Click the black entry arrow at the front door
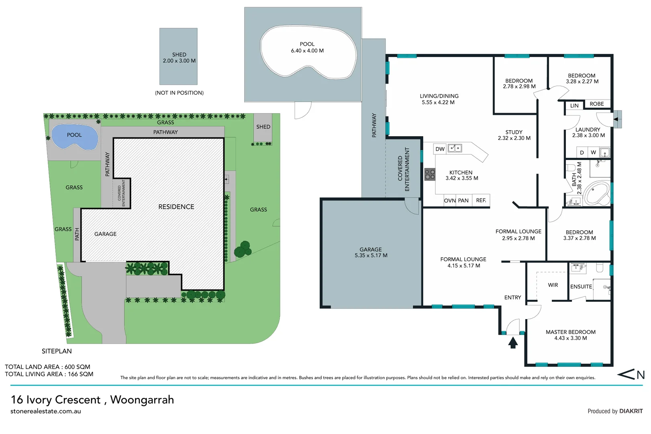[x=513, y=343]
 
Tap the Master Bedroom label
[x=570, y=332]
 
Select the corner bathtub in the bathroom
[x=596, y=194]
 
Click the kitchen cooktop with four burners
[x=430, y=174]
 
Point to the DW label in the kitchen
[x=440, y=149]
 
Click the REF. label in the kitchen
[x=481, y=201]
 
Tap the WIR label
[x=553, y=285]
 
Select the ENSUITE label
[x=581, y=287]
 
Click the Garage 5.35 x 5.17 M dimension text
[x=371, y=256]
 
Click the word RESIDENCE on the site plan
[x=176, y=207]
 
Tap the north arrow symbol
[x=631, y=375]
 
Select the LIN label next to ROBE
[x=574, y=106]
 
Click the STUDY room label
[x=514, y=132]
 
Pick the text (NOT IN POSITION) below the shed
[x=179, y=93]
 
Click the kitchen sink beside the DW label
[x=455, y=148]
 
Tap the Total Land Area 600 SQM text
[x=47, y=367]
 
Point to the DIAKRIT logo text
[x=631, y=411]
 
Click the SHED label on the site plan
[x=263, y=127]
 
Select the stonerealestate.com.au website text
[x=46, y=411]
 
